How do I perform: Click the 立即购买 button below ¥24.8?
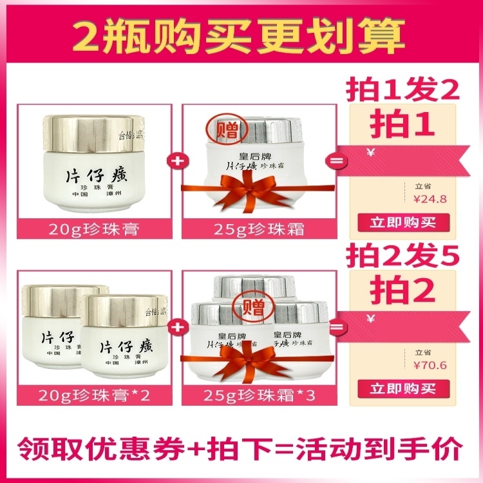403,223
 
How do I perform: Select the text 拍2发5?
403,256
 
